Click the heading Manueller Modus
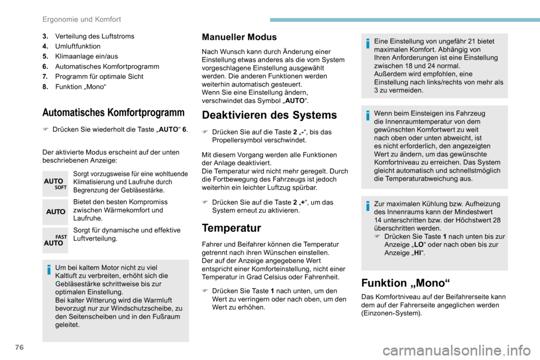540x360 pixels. tap(239, 37)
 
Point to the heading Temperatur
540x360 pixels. tap(231, 228)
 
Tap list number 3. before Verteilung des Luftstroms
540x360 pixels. tap(45, 36)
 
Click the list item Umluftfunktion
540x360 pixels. tap(78, 46)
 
